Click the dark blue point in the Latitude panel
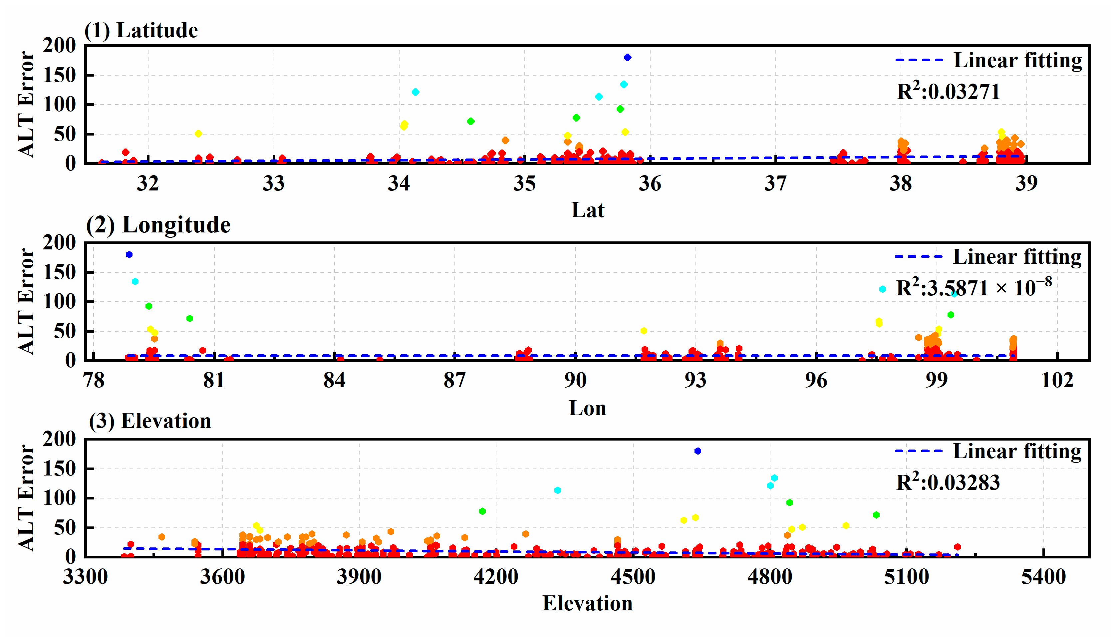pos(628,58)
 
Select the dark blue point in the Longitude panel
pos(129,254)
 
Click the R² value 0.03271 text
pos(948,92)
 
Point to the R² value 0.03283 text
pos(948,482)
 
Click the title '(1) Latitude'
pos(141,30)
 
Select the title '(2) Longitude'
pos(158,225)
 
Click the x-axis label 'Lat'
pos(588,210)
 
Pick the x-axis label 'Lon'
pos(588,408)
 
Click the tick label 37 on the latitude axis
pos(775,183)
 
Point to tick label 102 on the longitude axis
pos(1057,380)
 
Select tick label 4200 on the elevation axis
pos(496,576)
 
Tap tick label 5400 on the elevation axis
pos(1043,576)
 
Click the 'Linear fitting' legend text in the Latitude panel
pos(1017,60)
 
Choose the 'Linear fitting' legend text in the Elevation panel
pos(1017,452)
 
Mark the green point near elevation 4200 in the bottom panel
pos(482,511)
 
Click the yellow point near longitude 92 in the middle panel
pos(644,331)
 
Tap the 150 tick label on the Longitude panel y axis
pos(59,272)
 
